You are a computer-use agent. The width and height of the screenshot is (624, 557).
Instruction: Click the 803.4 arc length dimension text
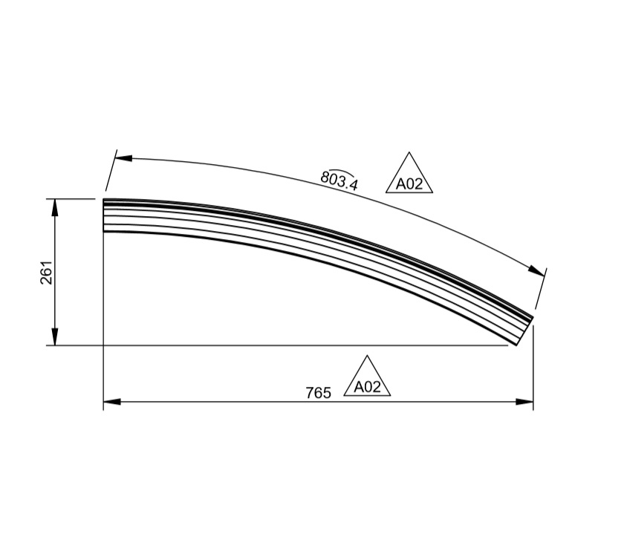click(339, 180)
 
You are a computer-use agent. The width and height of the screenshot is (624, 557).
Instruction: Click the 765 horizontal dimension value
click(318, 393)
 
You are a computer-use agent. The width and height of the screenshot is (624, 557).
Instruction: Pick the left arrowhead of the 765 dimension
click(111, 402)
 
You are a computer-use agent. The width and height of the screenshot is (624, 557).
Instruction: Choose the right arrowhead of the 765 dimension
click(525, 402)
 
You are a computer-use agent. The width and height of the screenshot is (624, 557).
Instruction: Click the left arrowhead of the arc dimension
click(123, 158)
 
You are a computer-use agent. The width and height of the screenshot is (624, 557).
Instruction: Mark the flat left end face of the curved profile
click(103, 215)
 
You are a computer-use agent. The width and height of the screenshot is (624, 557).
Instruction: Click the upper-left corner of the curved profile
click(103, 200)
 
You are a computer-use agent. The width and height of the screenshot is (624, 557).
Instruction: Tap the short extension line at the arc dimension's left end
click(111, 172)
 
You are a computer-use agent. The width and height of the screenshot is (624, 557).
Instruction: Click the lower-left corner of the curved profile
click(103, 232)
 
